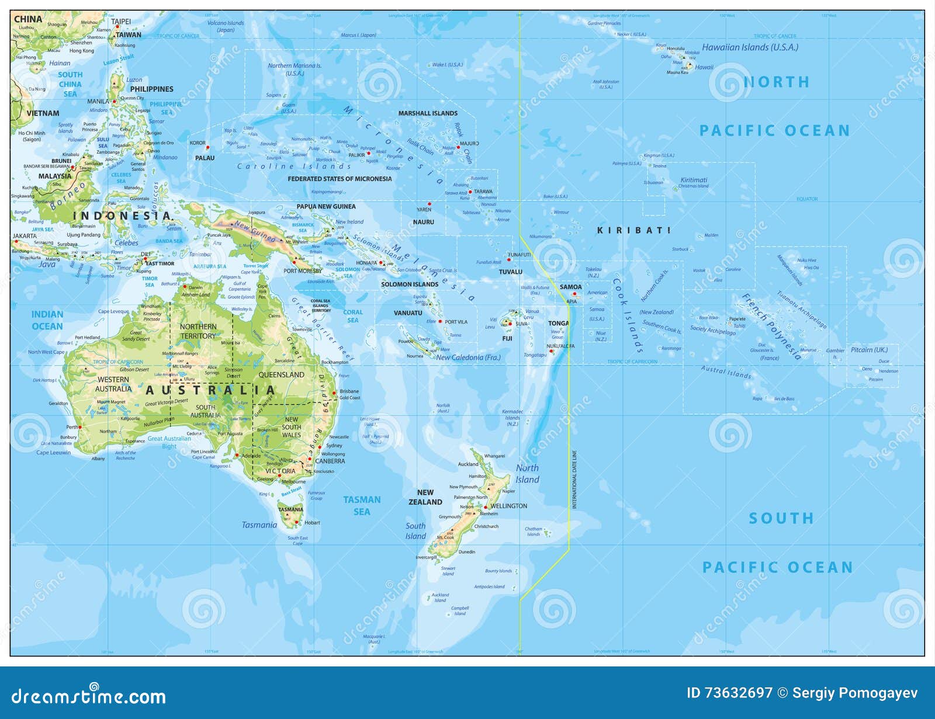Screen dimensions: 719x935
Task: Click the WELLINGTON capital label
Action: coord(508,506)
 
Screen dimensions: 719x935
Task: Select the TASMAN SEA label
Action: coord(362,506)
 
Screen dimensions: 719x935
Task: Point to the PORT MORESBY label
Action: coord(303,271)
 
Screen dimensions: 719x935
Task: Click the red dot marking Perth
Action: coord(80,427)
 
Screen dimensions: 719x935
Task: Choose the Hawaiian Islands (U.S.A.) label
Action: coord(750,47)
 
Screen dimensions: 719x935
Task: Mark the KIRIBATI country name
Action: coord(633,230)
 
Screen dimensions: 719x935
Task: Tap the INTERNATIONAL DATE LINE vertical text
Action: coord(574,479)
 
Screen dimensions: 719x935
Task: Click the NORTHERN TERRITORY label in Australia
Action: coord(198,331)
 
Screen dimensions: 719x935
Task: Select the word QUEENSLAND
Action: coord(281,374)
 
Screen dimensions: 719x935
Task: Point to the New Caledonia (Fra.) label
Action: coord(468,357)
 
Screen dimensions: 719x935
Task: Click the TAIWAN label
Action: coord(129,35)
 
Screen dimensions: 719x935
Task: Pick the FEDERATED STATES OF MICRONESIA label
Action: coord(340,179)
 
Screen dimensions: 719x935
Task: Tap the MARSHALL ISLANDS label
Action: coord(428,113)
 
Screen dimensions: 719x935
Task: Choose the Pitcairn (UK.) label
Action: coord(869,350)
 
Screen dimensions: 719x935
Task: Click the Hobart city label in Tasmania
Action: coord(312,523)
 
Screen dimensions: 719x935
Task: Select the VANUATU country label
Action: coord(408,313)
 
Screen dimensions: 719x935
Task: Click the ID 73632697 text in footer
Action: coord(729,693)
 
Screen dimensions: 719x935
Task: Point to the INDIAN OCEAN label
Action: coord(47,320)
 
